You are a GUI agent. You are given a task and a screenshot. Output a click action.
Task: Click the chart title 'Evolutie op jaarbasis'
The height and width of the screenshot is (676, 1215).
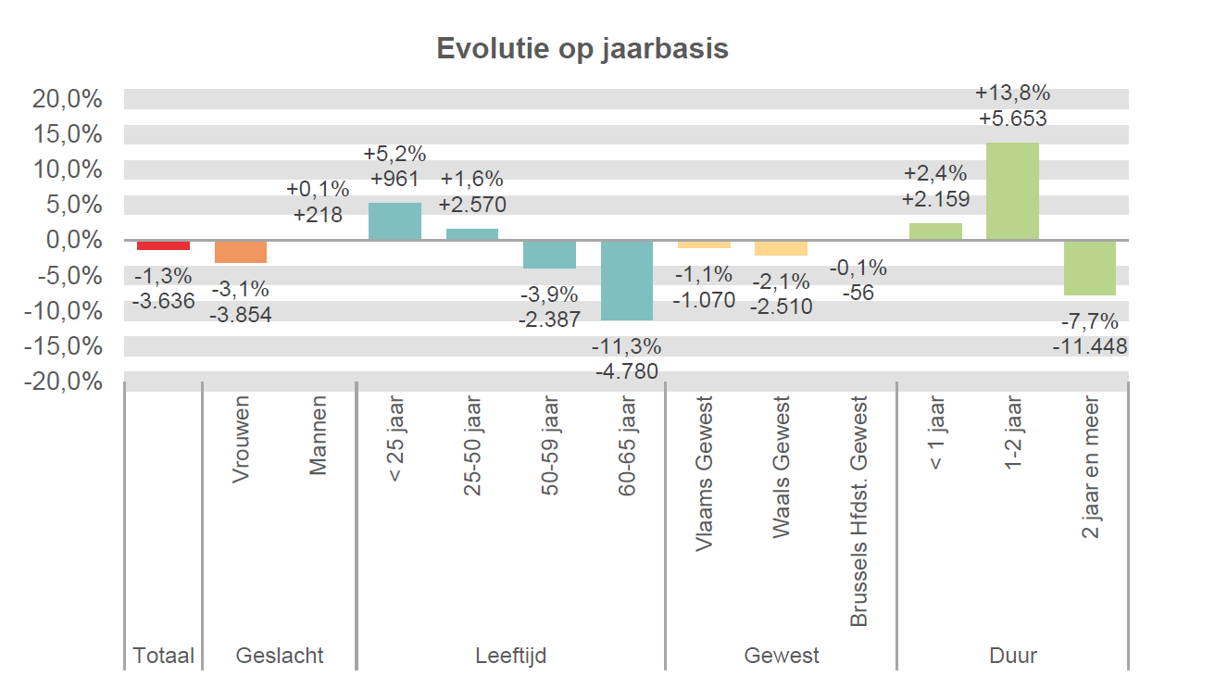tap(582, 48)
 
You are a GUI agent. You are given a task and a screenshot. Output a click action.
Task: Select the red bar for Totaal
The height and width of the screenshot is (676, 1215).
tap(163, 245)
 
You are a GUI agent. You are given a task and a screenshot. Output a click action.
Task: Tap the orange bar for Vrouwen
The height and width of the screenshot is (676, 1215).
tap(241, 252)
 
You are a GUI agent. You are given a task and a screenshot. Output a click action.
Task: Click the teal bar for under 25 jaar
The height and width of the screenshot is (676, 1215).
tap(395, 221)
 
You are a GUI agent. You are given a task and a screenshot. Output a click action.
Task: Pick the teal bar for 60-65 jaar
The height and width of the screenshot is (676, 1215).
tap(627, 281)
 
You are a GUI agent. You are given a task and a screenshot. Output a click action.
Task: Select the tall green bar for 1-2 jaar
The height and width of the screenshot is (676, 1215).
tap(1012, 192)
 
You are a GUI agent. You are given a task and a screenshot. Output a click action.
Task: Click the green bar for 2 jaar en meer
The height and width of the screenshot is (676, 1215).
tap(1089, 268)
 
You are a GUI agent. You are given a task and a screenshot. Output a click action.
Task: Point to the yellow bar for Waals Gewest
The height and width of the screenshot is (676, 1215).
tap(781, 248)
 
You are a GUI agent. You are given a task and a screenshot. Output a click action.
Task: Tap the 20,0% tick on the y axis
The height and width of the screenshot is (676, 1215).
tap(67, 99)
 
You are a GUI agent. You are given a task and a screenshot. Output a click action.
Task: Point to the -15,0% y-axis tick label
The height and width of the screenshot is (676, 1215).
tap(64, 345)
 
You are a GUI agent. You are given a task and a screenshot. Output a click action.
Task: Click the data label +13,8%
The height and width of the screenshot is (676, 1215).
tap(1012, 93)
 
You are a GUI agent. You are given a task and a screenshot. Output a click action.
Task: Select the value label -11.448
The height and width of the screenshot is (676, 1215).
tap(1089, 346)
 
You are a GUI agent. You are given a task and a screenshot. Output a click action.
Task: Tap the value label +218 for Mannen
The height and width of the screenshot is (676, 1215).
tap(318, 215)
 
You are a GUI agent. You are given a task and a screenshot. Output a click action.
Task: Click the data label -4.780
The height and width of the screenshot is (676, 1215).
tap(627, 372)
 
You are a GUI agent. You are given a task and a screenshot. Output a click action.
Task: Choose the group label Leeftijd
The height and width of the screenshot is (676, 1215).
tap(510, 656)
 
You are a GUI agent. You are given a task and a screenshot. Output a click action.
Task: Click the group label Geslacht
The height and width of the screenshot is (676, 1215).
tap(280, 656)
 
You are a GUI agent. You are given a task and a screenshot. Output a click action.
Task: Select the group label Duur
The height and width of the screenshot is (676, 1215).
tap(1012, 656)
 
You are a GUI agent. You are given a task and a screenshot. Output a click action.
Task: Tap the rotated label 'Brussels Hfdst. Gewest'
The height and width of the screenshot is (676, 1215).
tap(858, 512)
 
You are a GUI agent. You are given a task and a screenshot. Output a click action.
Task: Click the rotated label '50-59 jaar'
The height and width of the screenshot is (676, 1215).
tap(550, 446)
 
